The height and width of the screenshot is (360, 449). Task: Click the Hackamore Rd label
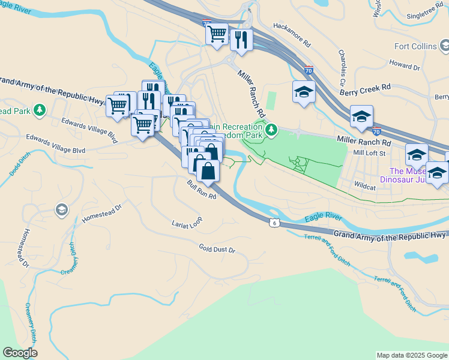(292, 35)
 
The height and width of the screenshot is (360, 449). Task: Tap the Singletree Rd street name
(424, 17)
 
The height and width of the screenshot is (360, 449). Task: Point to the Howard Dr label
(404, 65)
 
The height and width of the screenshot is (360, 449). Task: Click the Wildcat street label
(365, 187)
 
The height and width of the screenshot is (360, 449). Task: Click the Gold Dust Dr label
(217, 248)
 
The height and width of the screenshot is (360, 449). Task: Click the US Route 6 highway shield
(273, 223)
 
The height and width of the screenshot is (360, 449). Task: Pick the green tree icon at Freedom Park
(271, 129)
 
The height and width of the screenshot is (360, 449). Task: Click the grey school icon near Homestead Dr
(61, 209)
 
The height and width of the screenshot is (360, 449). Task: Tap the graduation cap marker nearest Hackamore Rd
(304, 92)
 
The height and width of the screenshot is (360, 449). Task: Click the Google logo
(20, 353)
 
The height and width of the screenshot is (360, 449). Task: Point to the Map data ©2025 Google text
(412, 355)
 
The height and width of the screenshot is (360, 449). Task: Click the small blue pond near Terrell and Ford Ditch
(421, 257)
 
